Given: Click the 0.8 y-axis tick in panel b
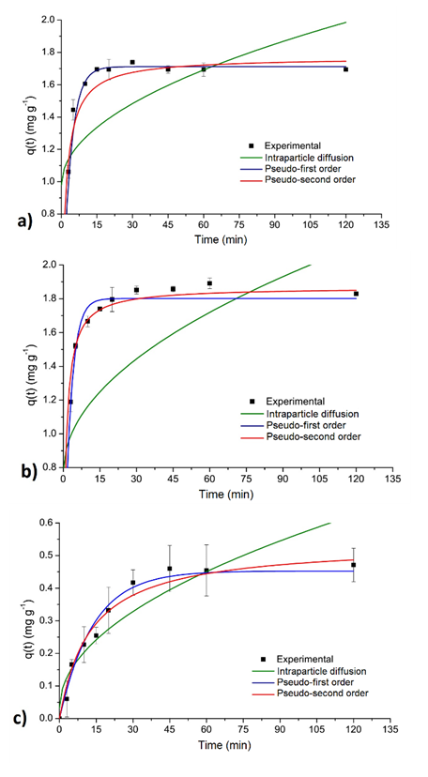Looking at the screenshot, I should [47, 467].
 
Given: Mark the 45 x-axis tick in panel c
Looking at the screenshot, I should [169, 729].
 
